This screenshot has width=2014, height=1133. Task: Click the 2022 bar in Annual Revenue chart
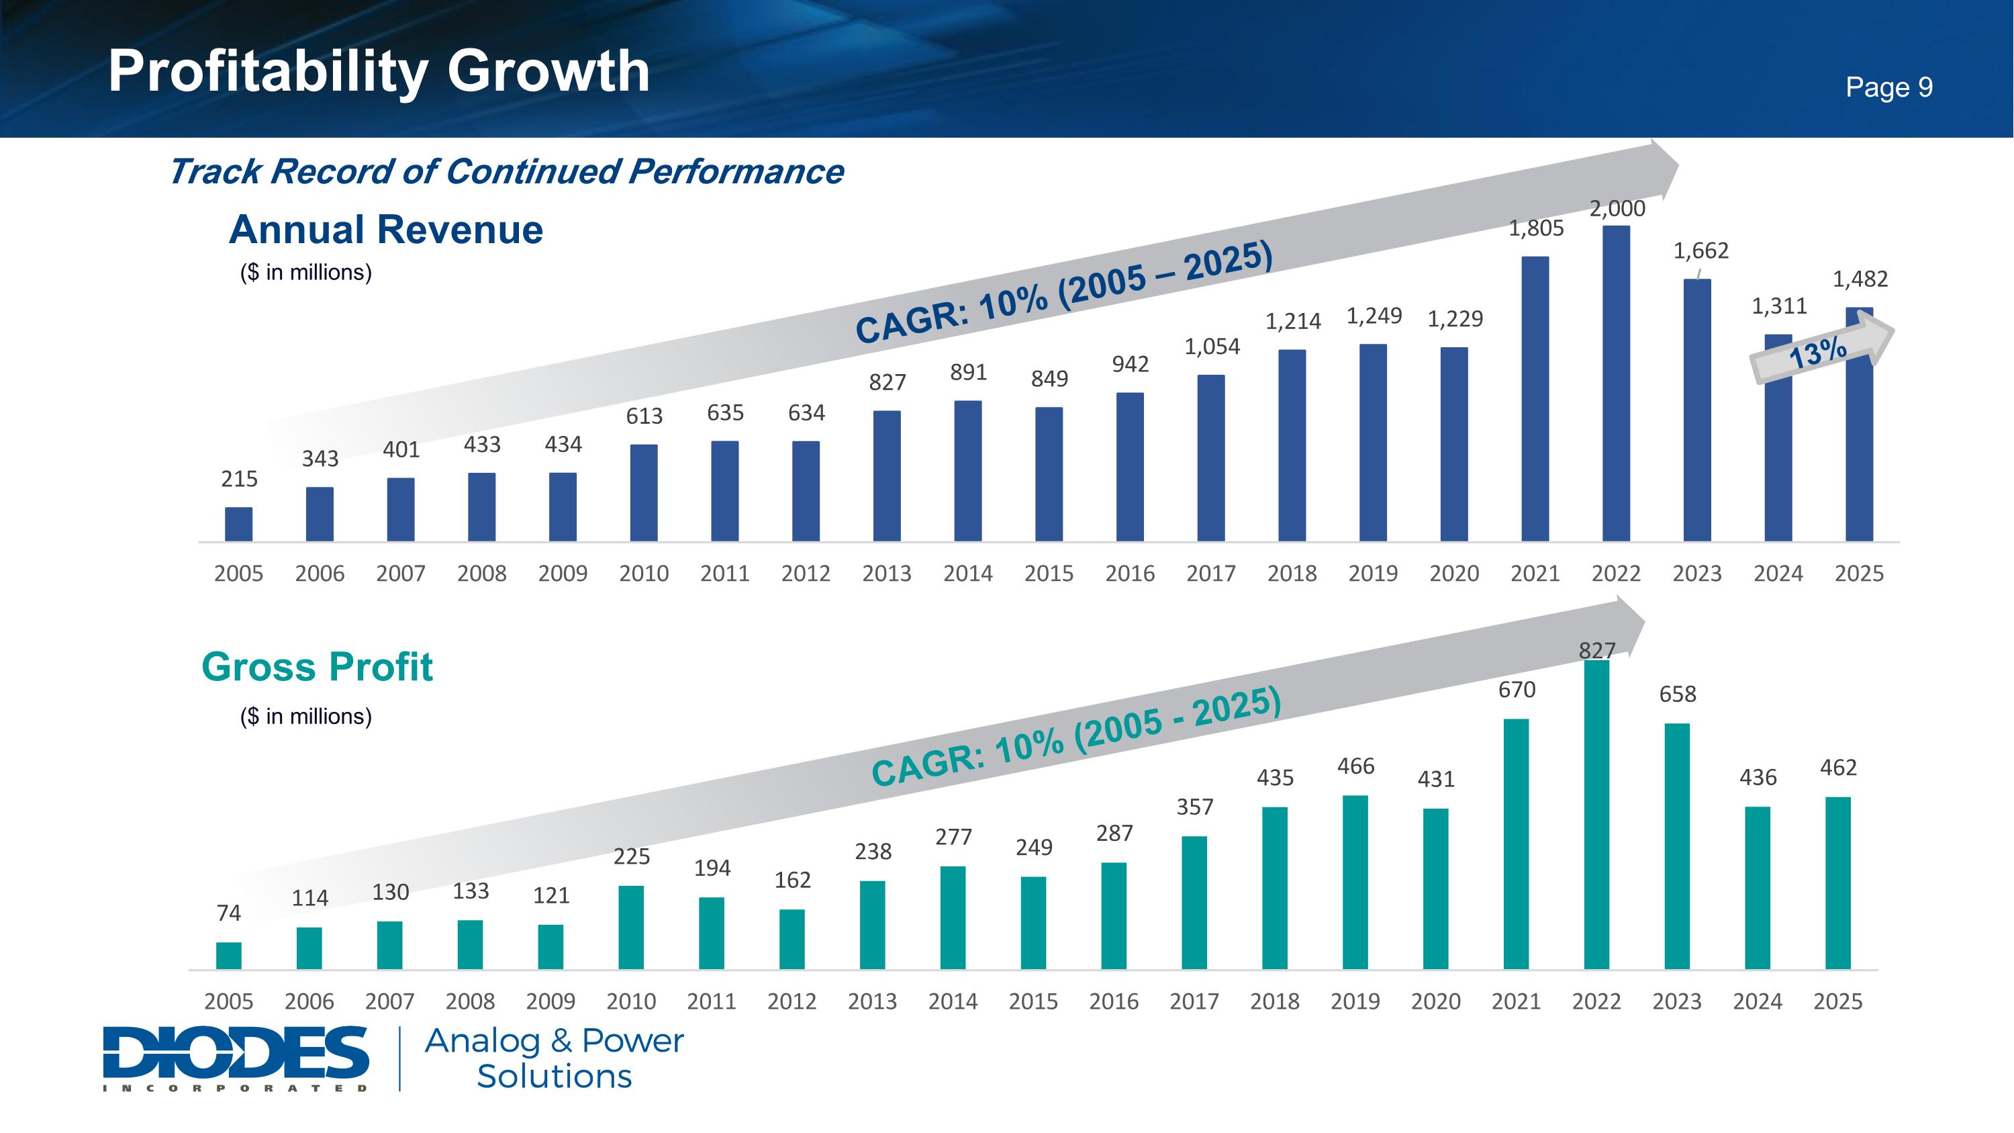point(1616,383)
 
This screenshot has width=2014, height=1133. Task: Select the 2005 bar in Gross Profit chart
point(229,956)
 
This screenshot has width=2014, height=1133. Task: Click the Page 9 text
point(1889,87)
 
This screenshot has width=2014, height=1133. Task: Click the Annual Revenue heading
point(385,230)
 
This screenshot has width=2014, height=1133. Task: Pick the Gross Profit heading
point(317,667)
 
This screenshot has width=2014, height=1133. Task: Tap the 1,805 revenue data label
point(1535,228)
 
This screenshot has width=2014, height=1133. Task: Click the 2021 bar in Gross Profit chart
point(1516,844)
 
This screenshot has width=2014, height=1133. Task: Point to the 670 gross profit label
point(1517,690)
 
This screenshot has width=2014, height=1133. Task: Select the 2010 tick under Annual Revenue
point(643,574)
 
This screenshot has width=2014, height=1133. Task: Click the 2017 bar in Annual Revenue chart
point(1211,458)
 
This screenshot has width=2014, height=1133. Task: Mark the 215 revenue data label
point(239,480)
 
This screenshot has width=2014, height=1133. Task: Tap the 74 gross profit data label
point(229,913)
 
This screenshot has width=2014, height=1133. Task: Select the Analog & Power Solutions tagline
point(555,1058)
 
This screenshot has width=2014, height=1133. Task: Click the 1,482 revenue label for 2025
point(1860,279)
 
